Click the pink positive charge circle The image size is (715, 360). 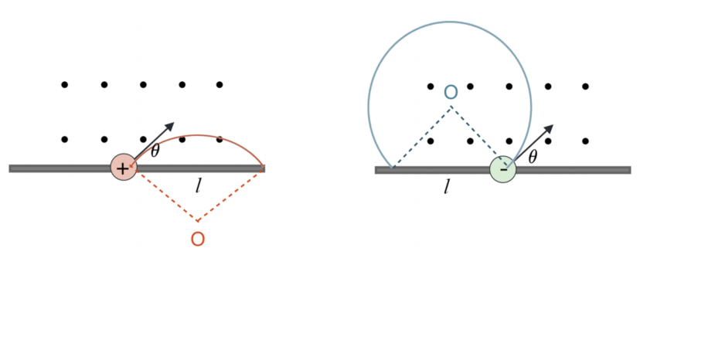(124, 167)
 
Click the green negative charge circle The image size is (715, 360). (503, 169)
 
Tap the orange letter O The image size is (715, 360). (197, 239)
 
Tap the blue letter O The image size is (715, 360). (451, 92)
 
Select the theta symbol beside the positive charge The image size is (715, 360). (155, 151)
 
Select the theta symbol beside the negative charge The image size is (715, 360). (532, 157)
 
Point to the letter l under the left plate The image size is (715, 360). (198, 185)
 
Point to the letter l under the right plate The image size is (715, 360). (447, 186)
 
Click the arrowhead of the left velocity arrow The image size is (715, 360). (171, 125)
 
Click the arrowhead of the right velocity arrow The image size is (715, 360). (550, 127)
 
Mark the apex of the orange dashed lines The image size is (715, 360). (197, 222)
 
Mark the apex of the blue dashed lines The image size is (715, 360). (451, 107)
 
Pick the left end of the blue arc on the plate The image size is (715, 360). (392, 168)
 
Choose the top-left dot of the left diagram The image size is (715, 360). (65, 85)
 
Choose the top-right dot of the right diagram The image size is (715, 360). (585, 86)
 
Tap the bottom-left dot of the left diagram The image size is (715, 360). (65, 140)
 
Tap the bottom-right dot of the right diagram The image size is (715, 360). (585, 141)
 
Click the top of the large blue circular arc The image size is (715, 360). (450, 22)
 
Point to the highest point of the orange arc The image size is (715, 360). (197, 135)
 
